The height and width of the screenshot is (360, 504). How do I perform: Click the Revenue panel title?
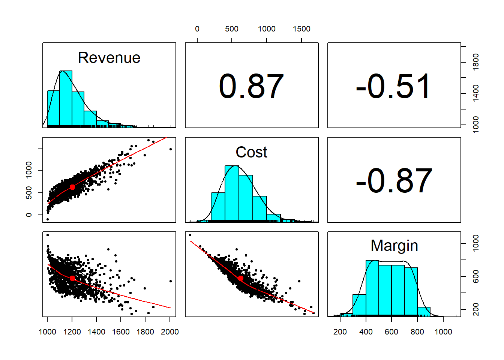109,58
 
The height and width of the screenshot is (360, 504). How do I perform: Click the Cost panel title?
251,152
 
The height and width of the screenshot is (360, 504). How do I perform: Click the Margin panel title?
394,246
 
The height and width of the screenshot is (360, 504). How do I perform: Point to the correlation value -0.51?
394,87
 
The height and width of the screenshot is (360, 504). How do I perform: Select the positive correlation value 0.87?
251,87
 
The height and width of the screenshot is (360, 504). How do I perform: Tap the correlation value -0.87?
394,181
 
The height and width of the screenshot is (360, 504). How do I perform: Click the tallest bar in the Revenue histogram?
66,98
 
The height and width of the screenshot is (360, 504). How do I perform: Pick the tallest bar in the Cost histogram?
232,193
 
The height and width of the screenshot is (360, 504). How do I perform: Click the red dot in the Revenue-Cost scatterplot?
72,187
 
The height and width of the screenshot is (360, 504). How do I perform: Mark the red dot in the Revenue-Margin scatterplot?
72,278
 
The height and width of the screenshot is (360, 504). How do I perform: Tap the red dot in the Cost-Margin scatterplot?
241,278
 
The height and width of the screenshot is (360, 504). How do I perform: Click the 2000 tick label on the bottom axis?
169,332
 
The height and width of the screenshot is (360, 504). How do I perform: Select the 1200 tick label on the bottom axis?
72,332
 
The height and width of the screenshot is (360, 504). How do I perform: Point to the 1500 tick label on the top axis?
301,29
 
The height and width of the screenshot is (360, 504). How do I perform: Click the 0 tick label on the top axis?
197,29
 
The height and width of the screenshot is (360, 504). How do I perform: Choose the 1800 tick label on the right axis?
476,62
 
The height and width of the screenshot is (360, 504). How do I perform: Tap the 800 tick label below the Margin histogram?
417,332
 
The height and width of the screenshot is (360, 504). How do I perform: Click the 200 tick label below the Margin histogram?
340,332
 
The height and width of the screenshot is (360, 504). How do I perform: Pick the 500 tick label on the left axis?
29,193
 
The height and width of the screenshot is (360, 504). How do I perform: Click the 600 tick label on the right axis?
476,276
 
